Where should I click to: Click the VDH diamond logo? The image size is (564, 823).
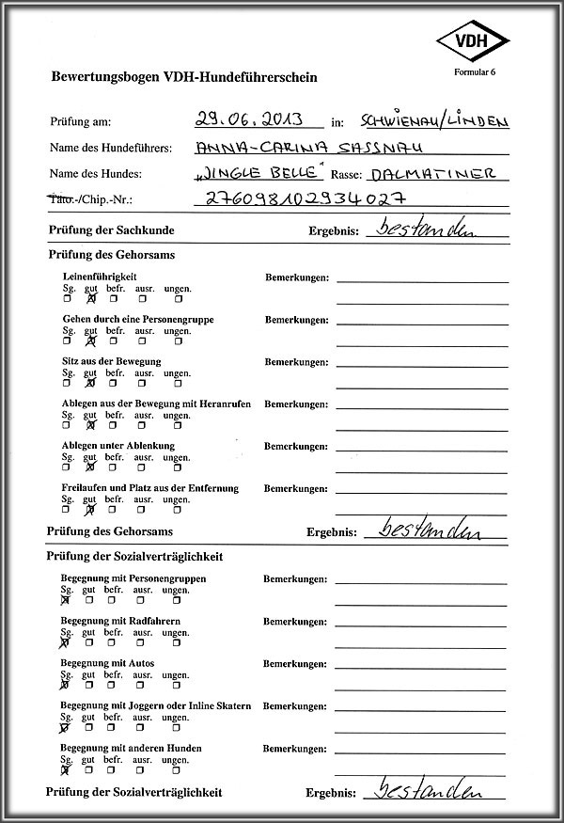pyautogui.click(x=471, y=41)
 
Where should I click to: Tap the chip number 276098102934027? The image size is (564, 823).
pyautogui.click(x=305, y=198)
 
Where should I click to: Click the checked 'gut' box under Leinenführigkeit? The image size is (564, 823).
pyautogui.click(x=91, y=299)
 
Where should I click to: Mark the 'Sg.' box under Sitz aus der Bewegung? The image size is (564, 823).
pyautogui.click(x=67, y=383)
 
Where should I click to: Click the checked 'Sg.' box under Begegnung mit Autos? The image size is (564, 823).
pyautogui.click(x=66, y=685)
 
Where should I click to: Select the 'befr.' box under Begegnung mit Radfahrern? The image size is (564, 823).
pyautogui.click(x=113, y=643)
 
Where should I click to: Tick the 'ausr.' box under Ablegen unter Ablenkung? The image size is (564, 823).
pyautogui.click(x=142, y=467)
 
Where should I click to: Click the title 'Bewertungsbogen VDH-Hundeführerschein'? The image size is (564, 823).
pyautogui.click(x=171, y=77)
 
